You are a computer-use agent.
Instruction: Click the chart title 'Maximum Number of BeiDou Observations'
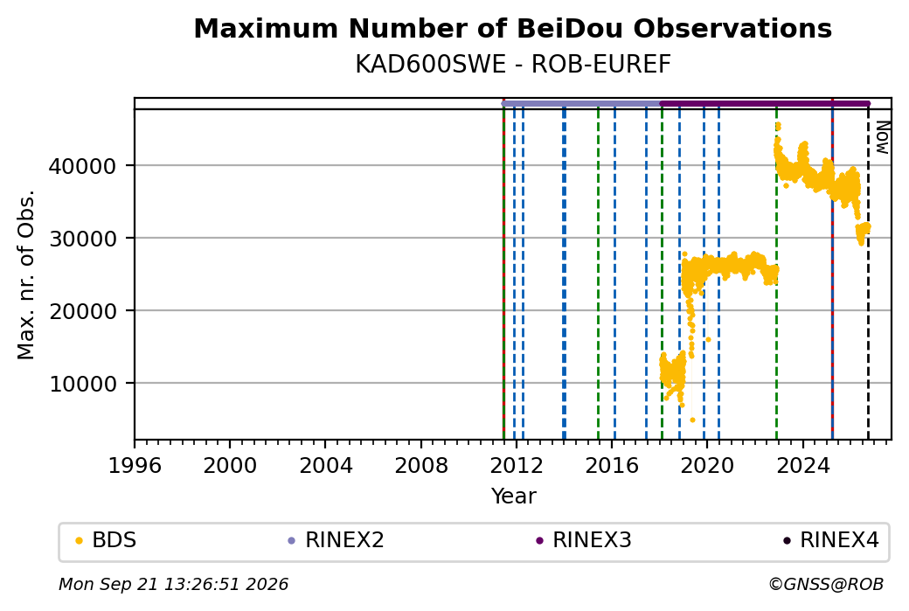512,28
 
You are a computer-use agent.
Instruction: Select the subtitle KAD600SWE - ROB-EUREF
512,65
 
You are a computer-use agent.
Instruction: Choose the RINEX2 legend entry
337,540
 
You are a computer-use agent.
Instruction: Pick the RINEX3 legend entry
584,540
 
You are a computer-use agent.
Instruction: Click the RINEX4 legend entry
831,540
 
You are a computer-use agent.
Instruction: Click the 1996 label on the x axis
135,466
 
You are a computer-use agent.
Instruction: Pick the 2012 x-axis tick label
516,466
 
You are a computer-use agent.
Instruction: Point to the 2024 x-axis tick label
802,466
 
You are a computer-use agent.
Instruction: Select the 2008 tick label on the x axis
421,466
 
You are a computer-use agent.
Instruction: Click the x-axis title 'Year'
513,496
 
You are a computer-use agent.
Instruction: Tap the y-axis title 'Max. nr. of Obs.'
25,274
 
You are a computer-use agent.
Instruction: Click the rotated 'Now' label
882,137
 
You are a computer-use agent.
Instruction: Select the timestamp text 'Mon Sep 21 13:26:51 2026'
173,584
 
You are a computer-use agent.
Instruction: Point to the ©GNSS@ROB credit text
826,584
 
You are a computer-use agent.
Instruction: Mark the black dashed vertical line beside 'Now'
868,274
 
